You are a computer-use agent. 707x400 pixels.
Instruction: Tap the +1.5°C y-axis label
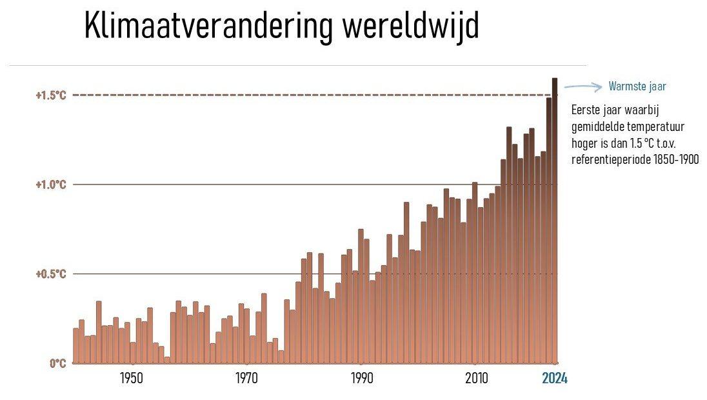click(51, 95)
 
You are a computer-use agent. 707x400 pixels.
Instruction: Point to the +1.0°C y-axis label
click(51, 185)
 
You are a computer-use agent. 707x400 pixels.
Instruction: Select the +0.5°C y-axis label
click(51, 274)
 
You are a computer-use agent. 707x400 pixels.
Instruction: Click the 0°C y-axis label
click(57, 363)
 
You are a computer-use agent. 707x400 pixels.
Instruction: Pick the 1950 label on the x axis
click(132, 379)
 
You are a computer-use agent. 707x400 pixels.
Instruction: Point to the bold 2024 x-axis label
click(554, 379)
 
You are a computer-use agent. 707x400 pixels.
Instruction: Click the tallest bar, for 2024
click(555, 219)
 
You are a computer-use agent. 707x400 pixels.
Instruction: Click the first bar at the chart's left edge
click(76, 346)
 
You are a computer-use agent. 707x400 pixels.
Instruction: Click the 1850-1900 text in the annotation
click(677, 159)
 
